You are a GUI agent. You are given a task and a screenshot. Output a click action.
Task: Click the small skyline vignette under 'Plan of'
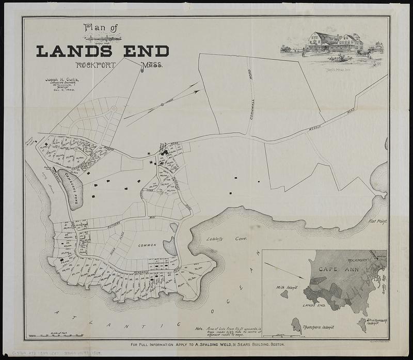pyautogui.click(x=104, y=38)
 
